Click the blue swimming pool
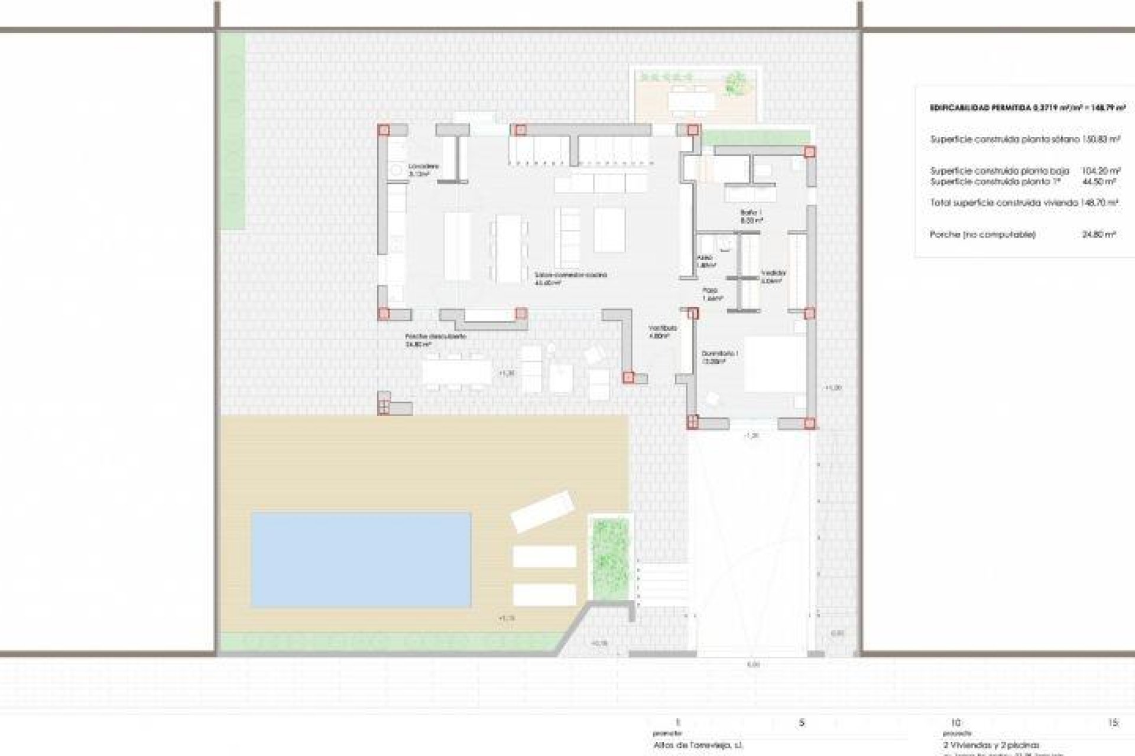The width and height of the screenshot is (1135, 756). click(x=361, y=559)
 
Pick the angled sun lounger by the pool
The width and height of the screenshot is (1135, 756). click(x=543, y=511)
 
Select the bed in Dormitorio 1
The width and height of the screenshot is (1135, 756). click(x=774, y=364)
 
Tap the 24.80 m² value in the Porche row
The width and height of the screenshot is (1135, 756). click(x=1099, y=234)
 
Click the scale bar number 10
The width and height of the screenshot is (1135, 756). click(x=956, y=722)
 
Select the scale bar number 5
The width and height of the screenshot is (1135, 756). click(x=802, y=722)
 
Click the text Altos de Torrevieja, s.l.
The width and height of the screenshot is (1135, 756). click(x=699, y=745)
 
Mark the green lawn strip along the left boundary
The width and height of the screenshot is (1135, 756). click(x=235, y=130)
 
